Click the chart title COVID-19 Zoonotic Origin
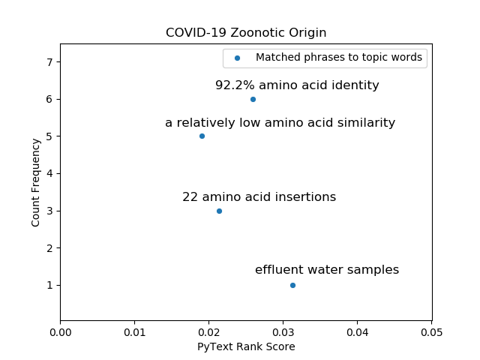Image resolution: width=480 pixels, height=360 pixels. coord(246,33)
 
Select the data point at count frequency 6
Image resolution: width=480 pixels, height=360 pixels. coord(253,99)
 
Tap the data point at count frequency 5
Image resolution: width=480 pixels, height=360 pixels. coord(202,136)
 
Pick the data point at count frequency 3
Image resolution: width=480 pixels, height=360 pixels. coord(219,211)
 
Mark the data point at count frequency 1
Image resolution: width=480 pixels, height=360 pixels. coord(292,285)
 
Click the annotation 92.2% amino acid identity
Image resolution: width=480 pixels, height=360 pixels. coord(297,85)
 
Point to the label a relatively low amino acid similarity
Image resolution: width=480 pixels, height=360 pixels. coord(280,123)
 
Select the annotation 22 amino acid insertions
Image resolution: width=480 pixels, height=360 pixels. coord(259,197)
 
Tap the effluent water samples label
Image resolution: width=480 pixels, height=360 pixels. coord(327,270)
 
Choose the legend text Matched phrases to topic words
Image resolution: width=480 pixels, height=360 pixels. coord(339,58)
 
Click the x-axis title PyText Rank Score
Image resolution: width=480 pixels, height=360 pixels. coord(246,346)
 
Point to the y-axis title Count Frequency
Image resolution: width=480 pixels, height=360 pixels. coord(36,182)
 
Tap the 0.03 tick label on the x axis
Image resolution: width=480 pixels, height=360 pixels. coord(283,331)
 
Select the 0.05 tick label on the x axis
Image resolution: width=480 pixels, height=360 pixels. coord(431,331)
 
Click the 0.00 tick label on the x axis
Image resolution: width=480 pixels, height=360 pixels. coord(60,331)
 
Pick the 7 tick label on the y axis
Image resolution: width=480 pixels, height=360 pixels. coord(49,61)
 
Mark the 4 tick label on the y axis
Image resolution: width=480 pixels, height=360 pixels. coord(49,173)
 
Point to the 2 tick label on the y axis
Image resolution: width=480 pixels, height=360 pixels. coord(49,247)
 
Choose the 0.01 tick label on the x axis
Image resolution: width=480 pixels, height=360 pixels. coord(134,331)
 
